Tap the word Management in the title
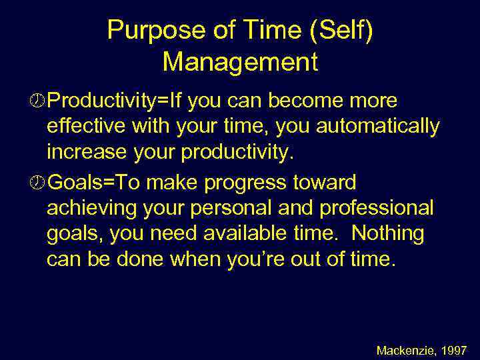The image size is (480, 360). coord(240,63)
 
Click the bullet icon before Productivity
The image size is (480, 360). coord(38,101)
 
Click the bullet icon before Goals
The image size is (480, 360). coord(38,182)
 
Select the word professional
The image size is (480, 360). coord(377,208)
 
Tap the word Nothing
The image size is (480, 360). coord(387,233)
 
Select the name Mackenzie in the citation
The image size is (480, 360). coord(403,350)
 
